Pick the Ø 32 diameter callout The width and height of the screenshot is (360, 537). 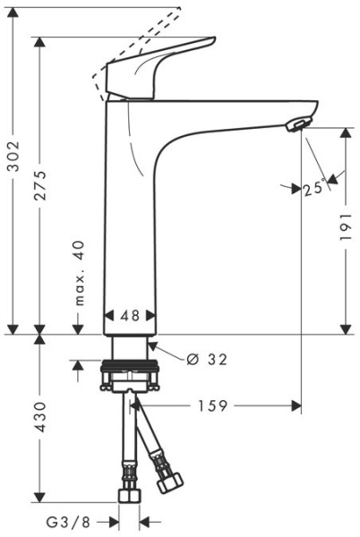[x=207, y=359]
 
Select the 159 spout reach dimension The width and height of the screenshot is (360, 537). [x=211, y=405]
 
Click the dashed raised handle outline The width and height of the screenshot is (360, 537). [x=134, y=40]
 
